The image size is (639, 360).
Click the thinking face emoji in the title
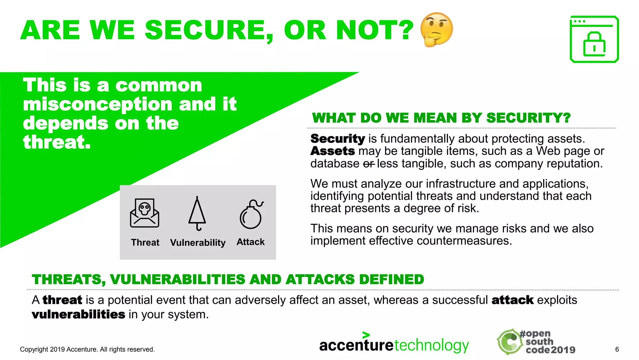coord(437,30)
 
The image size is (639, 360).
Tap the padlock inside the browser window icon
coord(594,45)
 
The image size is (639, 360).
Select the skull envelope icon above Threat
coord(144,213)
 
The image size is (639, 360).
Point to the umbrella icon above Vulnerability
coord(197,214)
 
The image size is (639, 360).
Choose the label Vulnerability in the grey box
coord(198,242)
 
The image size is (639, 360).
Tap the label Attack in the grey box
coord(251,242)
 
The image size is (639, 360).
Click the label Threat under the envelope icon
coord(145,242)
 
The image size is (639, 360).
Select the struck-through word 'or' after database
coord(368,164)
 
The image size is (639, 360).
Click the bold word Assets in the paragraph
coord(333,151)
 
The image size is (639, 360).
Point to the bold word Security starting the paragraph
coord(338,139)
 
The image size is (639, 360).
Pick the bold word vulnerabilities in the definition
coord(78,314)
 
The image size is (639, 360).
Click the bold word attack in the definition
coord(512,300)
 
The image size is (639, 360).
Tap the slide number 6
coord(617,349)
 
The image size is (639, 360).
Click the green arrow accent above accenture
coord(366,335)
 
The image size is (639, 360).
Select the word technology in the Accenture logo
coord(432,346)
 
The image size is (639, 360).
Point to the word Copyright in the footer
coord(34,349)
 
